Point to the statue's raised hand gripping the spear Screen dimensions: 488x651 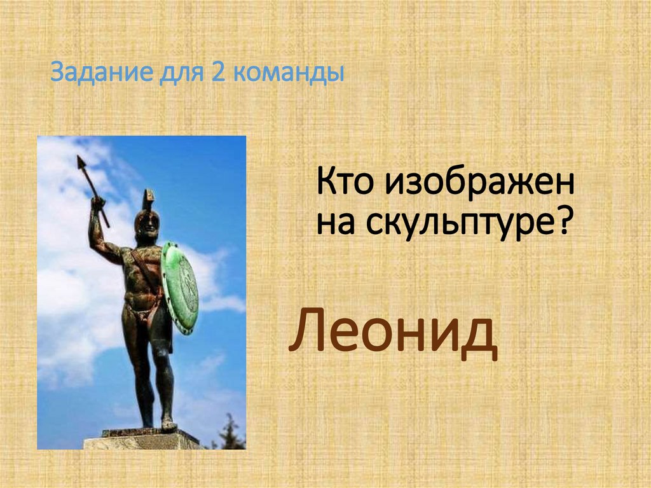[97, 205]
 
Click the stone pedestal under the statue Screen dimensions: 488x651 [143, 439]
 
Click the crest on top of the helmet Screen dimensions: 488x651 [148, 198]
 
